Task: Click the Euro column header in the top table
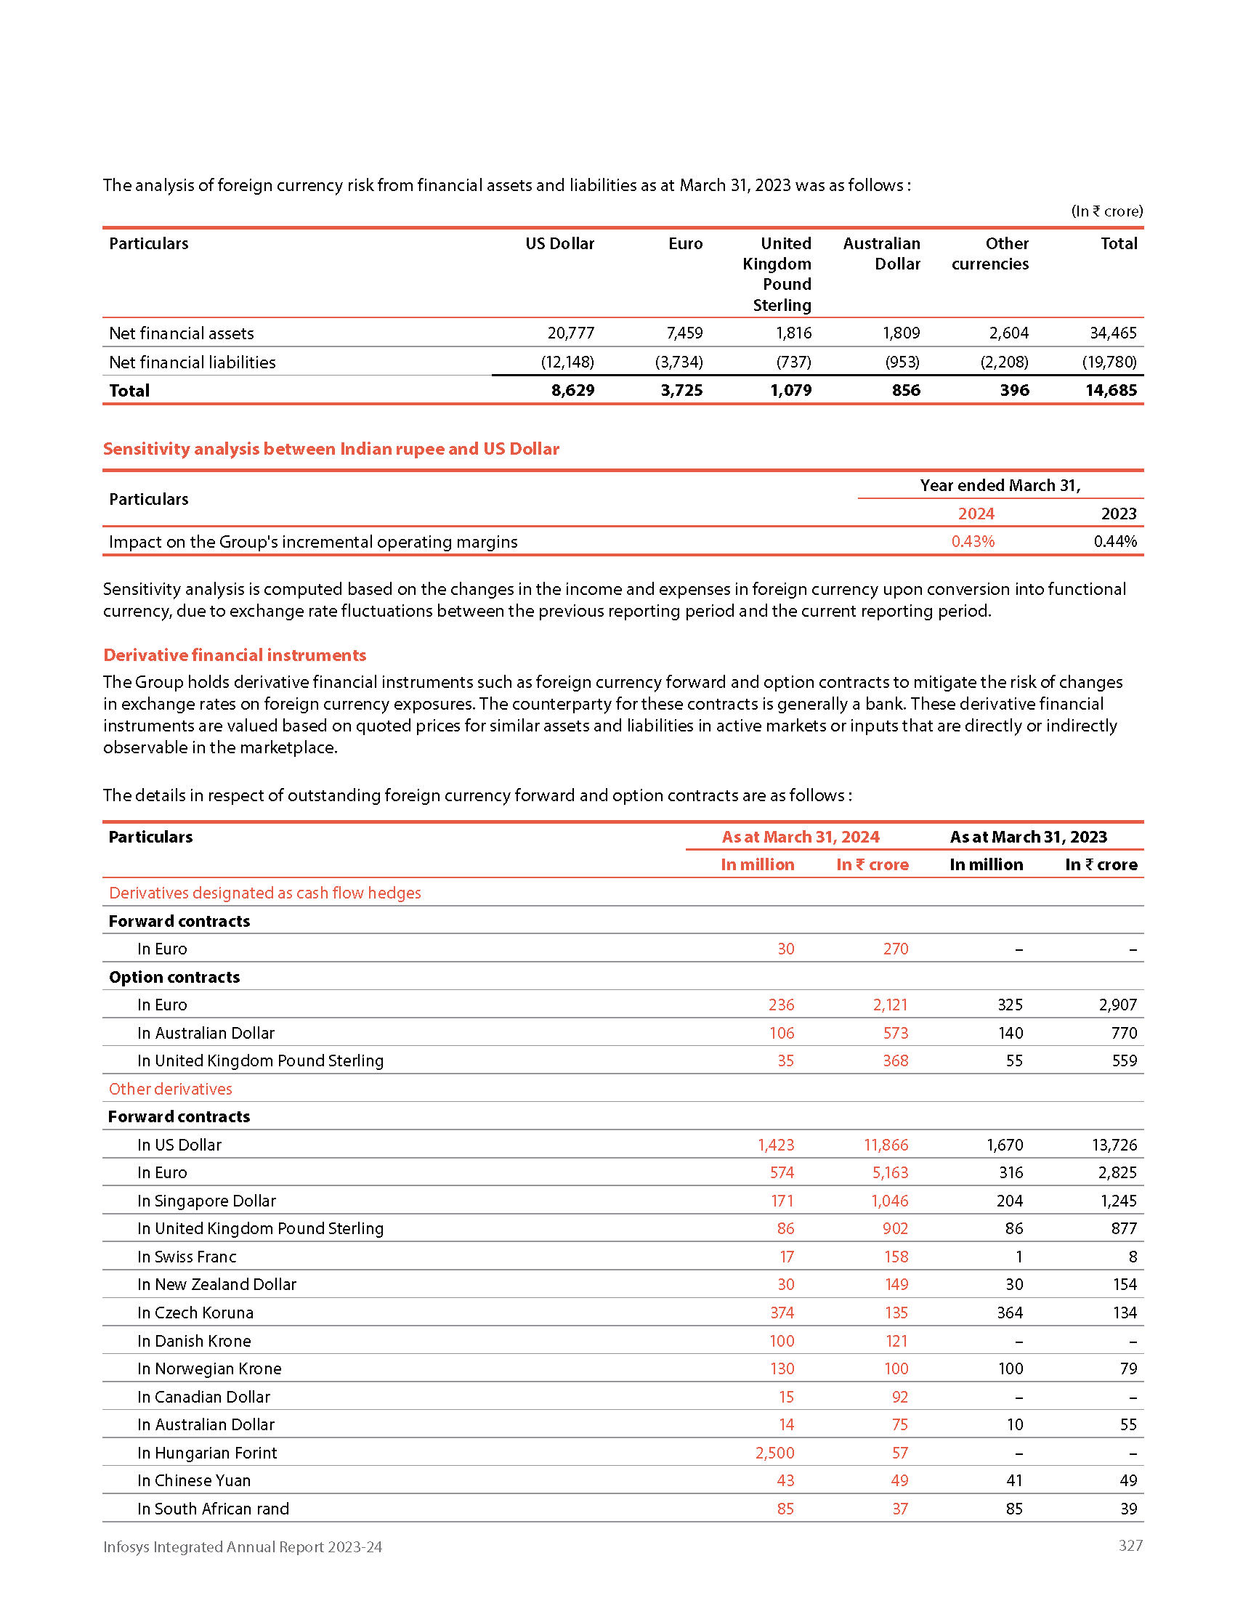[x=685, y=243]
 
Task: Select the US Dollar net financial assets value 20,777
[x=571, y=333]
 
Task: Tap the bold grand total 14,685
[x=1111, y=391]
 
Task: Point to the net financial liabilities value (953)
[x=902, y=362]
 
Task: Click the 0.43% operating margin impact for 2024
[x=972, y=541]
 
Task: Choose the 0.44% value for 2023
[x=1115, y=541]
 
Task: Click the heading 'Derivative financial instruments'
[x=235, y=655]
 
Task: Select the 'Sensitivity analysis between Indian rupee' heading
[x=331, y=448]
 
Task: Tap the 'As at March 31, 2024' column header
[x=801, y=837]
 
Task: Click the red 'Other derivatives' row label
[x=171, y=1089]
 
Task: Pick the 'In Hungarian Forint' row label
[x=207, y=1453]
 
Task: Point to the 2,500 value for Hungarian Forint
[x=775, y=1453]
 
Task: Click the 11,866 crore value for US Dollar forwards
[x=886, y=1145]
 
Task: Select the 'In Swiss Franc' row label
[x=187, y=1257]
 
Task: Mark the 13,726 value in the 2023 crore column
[x=1114, y=1145]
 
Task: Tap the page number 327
[x=1130, y=1545]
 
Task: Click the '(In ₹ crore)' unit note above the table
[x=1107, y=211]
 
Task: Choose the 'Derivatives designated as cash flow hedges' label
[x=265, y=893]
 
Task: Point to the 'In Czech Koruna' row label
[x=195, y=1313]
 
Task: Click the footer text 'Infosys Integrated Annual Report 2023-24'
[x=242, y=1546]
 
